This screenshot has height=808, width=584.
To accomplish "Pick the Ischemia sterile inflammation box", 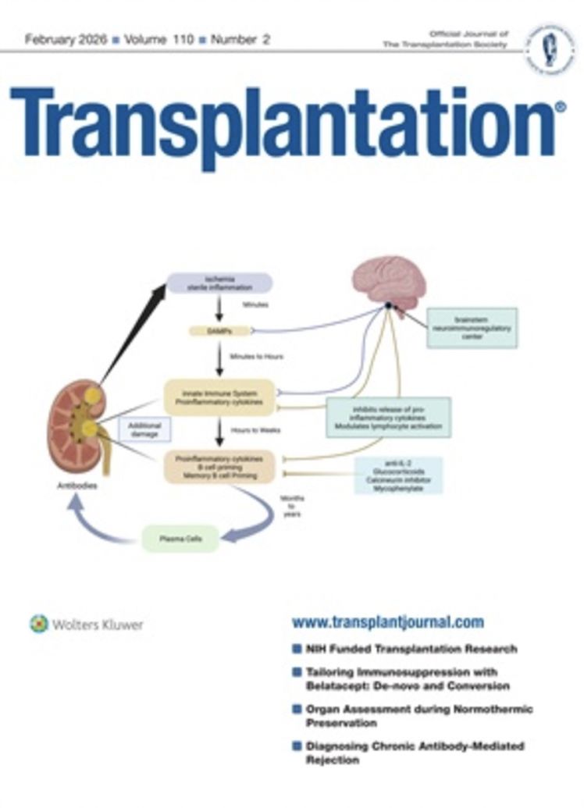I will [219, 283].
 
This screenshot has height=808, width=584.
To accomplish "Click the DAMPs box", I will [220, 331].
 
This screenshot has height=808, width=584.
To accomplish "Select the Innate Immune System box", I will [219, 397].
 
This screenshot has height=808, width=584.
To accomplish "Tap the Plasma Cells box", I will [180, 539].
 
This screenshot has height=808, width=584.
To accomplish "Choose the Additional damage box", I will [144, 429].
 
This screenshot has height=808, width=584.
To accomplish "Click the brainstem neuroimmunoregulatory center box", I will [471, 327].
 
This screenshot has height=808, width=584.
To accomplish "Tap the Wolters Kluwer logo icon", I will [39, 624].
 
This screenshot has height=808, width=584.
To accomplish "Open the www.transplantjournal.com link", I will [387, 622].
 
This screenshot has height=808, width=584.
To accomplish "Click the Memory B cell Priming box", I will [219, 466].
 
